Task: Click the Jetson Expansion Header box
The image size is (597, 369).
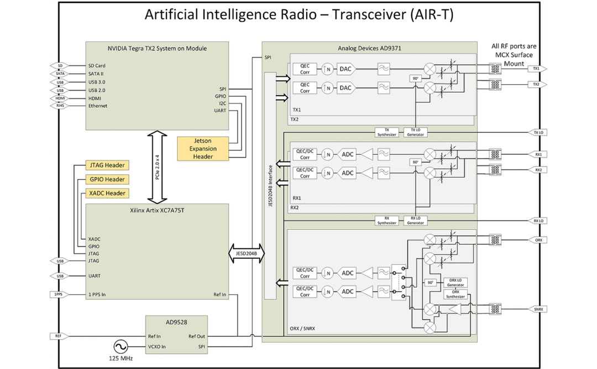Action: tap(203, 149)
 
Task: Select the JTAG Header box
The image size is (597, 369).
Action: tap(107, 165)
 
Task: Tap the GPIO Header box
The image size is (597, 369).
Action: tap(107, 179)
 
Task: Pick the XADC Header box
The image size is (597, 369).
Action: tap(107, 193)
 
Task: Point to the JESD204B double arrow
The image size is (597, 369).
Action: tap(246, 253)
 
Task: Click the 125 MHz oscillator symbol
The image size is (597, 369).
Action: tap(119, 347)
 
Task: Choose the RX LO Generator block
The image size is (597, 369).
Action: tap(415, 220)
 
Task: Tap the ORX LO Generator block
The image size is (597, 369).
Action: tap(455, 282)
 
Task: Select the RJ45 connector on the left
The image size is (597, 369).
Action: tap(60, 106)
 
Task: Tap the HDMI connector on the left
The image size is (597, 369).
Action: tap(60, 98)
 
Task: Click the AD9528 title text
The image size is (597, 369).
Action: tap(176, 323)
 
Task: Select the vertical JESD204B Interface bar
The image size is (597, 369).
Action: tap(270, 185)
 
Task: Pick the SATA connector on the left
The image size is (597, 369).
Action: tap(60, 74)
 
